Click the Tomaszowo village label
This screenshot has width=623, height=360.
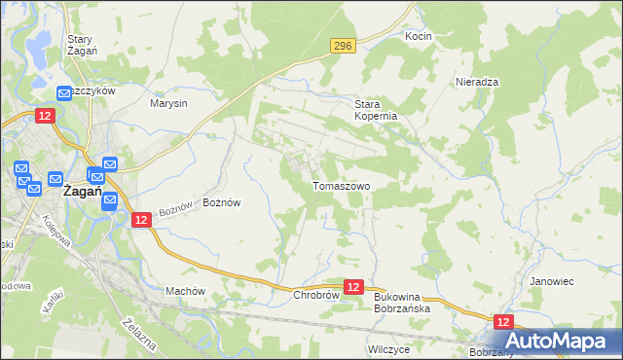pyautogui.click(x=341, y=185)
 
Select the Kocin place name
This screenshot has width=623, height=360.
pyautogui.click(x=418, y=36)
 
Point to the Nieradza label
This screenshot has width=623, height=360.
pyautogui.click(x=477, y=82)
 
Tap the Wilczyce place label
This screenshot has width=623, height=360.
pyautogui.click(x=388, y=347)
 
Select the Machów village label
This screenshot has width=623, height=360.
pyautogui.click(x=185, y=291)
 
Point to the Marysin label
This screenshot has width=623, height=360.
pyautogui.click(x=168, y=102)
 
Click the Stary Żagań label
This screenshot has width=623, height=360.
pyautogui.click(x=80, y=46)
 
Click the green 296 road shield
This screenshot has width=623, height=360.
pyautogui.click(x=341, y=46)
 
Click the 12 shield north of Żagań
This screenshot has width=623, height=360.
pyautogui.click(x=45, y=116)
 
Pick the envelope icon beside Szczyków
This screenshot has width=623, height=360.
pyautogui.click(x=64, y=91)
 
